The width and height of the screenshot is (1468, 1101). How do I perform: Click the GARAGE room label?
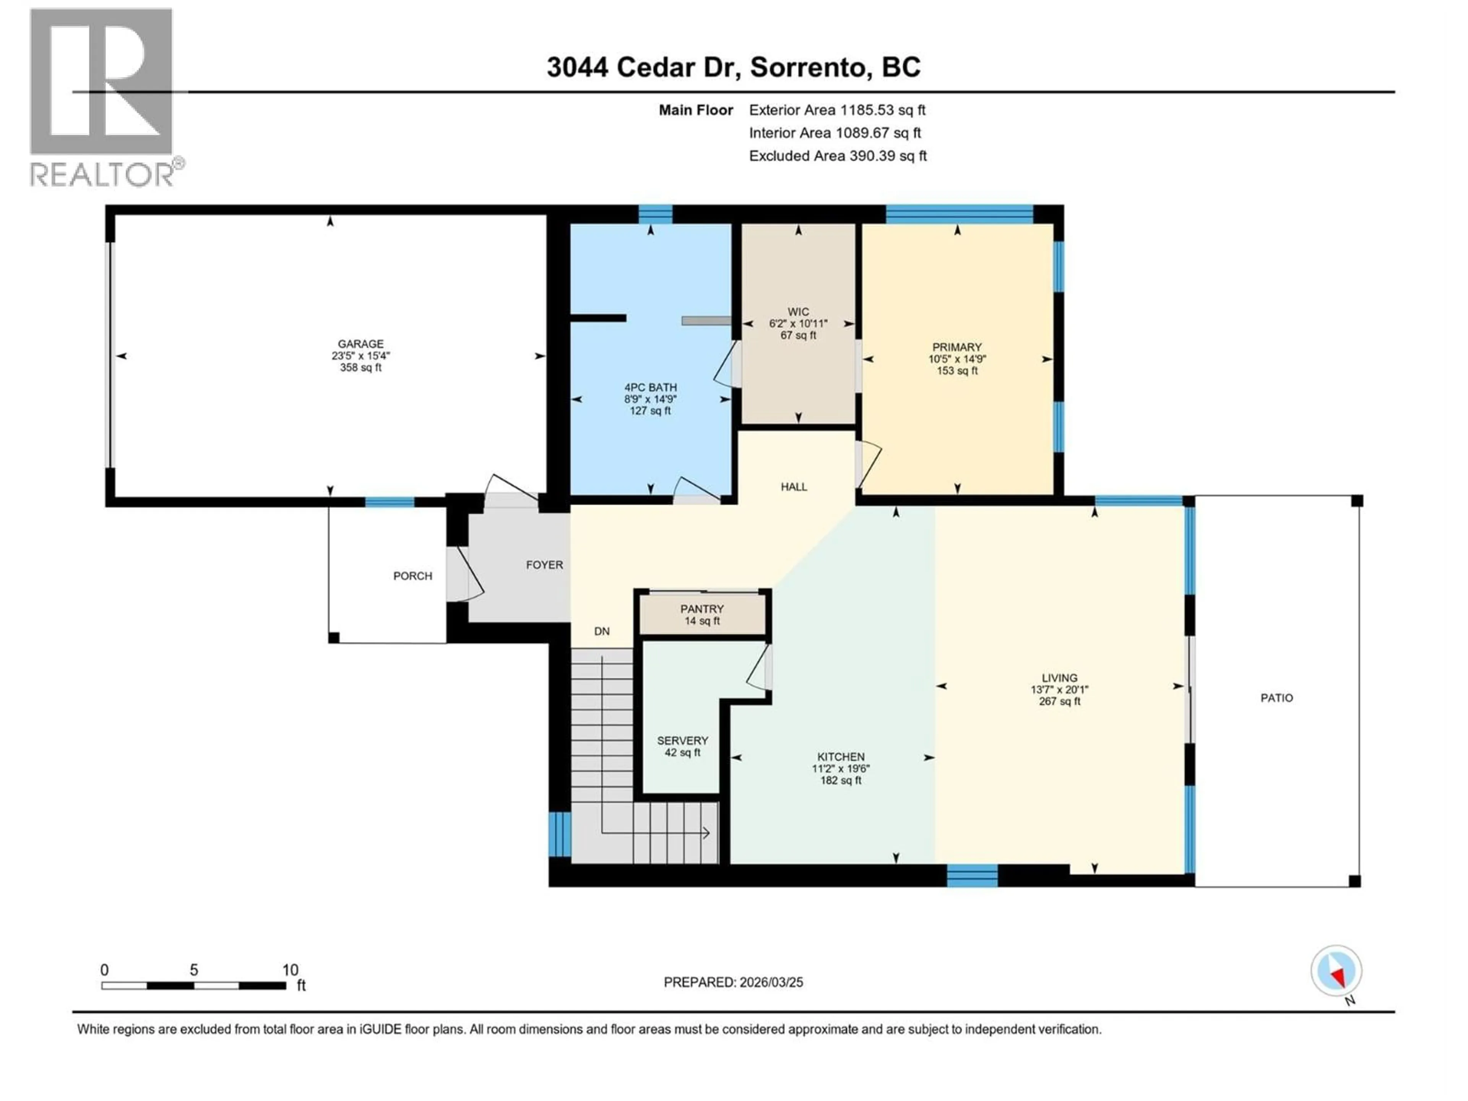pyautogui.click(x=361, y=344)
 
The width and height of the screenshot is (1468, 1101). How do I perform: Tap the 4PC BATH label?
pyautogui.click(x=650, y=387)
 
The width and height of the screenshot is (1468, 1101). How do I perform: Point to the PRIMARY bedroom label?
pyautogui.click(x=956, y=347)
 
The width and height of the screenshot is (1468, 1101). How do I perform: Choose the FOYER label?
pyautogui.click(x=544, y=565)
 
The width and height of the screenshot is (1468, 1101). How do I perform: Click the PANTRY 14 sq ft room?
pyautogui.click(x=702, y=615)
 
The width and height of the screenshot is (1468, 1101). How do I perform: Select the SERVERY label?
pyautogui.click(x=682, y=740)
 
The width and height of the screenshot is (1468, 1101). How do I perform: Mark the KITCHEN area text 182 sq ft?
pyautogui.click(x=840, y=781)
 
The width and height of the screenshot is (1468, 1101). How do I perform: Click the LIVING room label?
pyautogui.click(x=1059, y=677)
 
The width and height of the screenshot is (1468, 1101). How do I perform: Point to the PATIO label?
pyautogui.click(x=1276, y=698)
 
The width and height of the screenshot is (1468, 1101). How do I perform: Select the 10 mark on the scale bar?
pyautogui.click(x=290, y=969)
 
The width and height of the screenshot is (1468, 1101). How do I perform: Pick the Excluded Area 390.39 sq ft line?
pyautogui.click(x=838, y=156)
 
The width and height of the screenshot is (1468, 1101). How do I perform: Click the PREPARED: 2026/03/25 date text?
pyautogui.click(x=733, y=982)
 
